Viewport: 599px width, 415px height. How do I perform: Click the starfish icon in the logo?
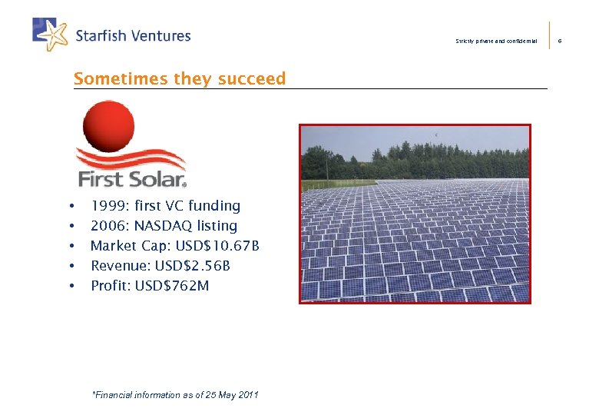click(52, 34)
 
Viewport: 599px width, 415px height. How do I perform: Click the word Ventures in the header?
click(160, 35)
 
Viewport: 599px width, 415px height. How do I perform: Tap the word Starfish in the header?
click(101, 35)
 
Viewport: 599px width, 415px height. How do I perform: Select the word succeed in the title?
click(252, 78)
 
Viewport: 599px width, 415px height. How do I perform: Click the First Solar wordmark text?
click(131, 180)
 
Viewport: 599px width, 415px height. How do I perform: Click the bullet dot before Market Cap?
click(71, 247)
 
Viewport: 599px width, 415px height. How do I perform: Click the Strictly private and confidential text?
click(496, 41)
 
